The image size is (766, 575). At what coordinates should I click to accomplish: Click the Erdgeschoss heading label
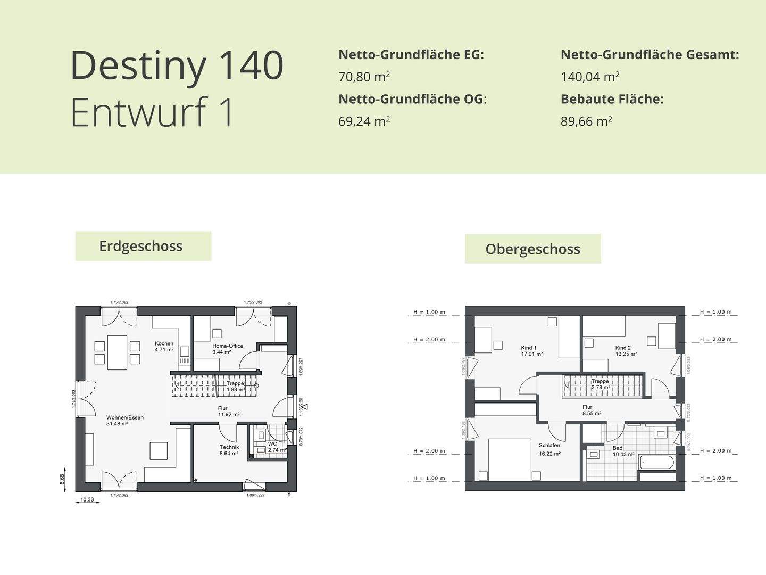click(141, 246)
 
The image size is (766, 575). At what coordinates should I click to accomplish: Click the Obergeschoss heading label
click(532, 249)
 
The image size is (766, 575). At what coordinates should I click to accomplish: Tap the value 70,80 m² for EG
click(364, 77)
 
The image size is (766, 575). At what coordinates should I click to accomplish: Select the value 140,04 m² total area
click(590, 77)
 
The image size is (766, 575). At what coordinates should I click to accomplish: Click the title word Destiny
click(138, 65)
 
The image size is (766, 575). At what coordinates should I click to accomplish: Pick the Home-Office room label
click(228, 346)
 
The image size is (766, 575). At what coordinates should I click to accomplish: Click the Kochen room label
click(164, 343)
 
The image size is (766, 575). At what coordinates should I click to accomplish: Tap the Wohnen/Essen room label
click(125, 418)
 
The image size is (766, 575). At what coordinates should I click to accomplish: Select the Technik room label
click(229, 447)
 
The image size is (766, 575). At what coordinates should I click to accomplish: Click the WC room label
click(272, 443)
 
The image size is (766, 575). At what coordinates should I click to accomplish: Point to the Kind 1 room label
click(529, 348)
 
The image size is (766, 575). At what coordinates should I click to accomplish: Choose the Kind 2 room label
click(623, 348)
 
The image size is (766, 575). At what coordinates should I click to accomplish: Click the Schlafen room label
click(549, 446)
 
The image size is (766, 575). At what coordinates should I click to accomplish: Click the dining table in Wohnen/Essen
click(117, 352)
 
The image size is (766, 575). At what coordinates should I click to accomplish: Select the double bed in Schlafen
click(510, 458)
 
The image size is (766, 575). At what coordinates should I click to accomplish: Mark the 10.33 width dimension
click(87, 499)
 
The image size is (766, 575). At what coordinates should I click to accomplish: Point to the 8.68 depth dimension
click(62, 478)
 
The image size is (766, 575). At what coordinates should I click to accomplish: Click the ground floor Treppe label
click(235, 383)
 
